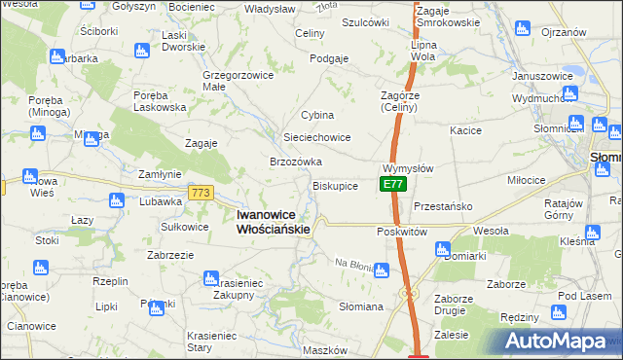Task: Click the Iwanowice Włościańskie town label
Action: (x=274, y=222)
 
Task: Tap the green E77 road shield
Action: (x=391, y=184)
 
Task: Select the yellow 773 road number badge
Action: (x=202, y=194)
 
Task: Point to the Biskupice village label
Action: (x=335, y=185)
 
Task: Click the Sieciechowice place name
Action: (x=316, y=138)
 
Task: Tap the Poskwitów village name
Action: (x=402, y=232)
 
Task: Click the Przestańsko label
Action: (x=443, y=206)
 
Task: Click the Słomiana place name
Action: (x=359, y=306)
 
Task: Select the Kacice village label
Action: (x=466, y=129)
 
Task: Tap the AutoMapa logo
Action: (x=556, y=342)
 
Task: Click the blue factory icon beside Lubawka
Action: (x=117, y=201)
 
